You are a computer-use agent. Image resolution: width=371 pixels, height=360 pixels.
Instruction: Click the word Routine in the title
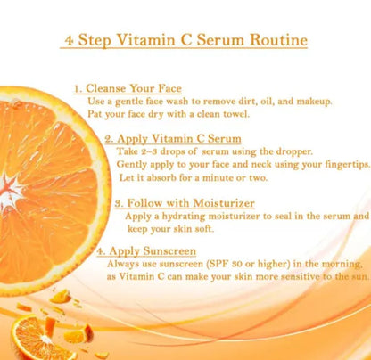pyautogui.click(x=278, y=40)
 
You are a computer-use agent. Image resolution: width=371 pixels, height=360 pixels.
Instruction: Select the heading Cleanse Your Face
pyautogui.click(x=134, y=88)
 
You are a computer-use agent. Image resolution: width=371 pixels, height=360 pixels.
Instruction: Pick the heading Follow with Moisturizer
pyautogui.click(x=191, y=203)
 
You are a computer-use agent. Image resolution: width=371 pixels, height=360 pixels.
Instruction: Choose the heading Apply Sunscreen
pyautogui.click(x=153, y=251)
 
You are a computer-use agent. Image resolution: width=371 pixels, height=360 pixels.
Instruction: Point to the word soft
pyautogui.click(x=204, y=229)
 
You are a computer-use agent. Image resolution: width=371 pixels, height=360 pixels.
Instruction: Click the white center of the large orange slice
pyautogui.click(x=8, y=191)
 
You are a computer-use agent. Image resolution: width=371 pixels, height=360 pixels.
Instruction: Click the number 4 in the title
pyautogui.click(x=70, y=40)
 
